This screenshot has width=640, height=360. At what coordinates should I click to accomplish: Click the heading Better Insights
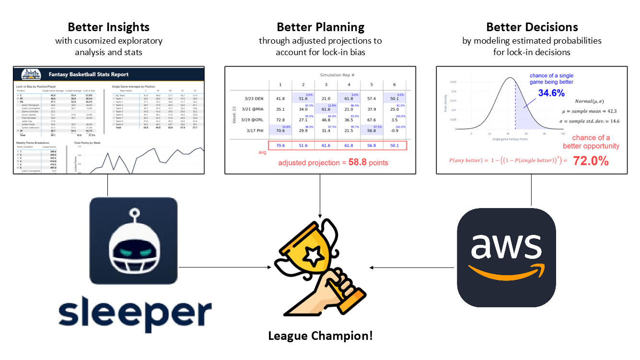[108, 27]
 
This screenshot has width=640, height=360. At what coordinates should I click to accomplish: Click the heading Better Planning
[320, 27]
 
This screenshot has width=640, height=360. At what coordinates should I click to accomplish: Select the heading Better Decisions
[532, 27]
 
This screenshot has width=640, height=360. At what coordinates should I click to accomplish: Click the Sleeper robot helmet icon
[133, 241]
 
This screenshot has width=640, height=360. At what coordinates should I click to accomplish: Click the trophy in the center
[316, 268]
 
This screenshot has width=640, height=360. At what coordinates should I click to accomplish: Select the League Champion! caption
[320, 336]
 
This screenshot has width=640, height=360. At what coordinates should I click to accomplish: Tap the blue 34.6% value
[551, 93]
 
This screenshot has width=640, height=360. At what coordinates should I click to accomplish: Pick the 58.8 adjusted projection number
[357, 163]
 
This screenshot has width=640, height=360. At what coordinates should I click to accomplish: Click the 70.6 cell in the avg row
[280, 145]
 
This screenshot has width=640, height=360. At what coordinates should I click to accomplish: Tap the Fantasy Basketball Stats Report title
[89, 75]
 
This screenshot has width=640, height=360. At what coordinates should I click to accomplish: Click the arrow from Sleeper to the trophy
[225, 267]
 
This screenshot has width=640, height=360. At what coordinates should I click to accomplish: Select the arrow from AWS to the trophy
[412, 267]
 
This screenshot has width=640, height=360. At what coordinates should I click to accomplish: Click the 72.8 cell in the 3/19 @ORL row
[280, 120]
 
